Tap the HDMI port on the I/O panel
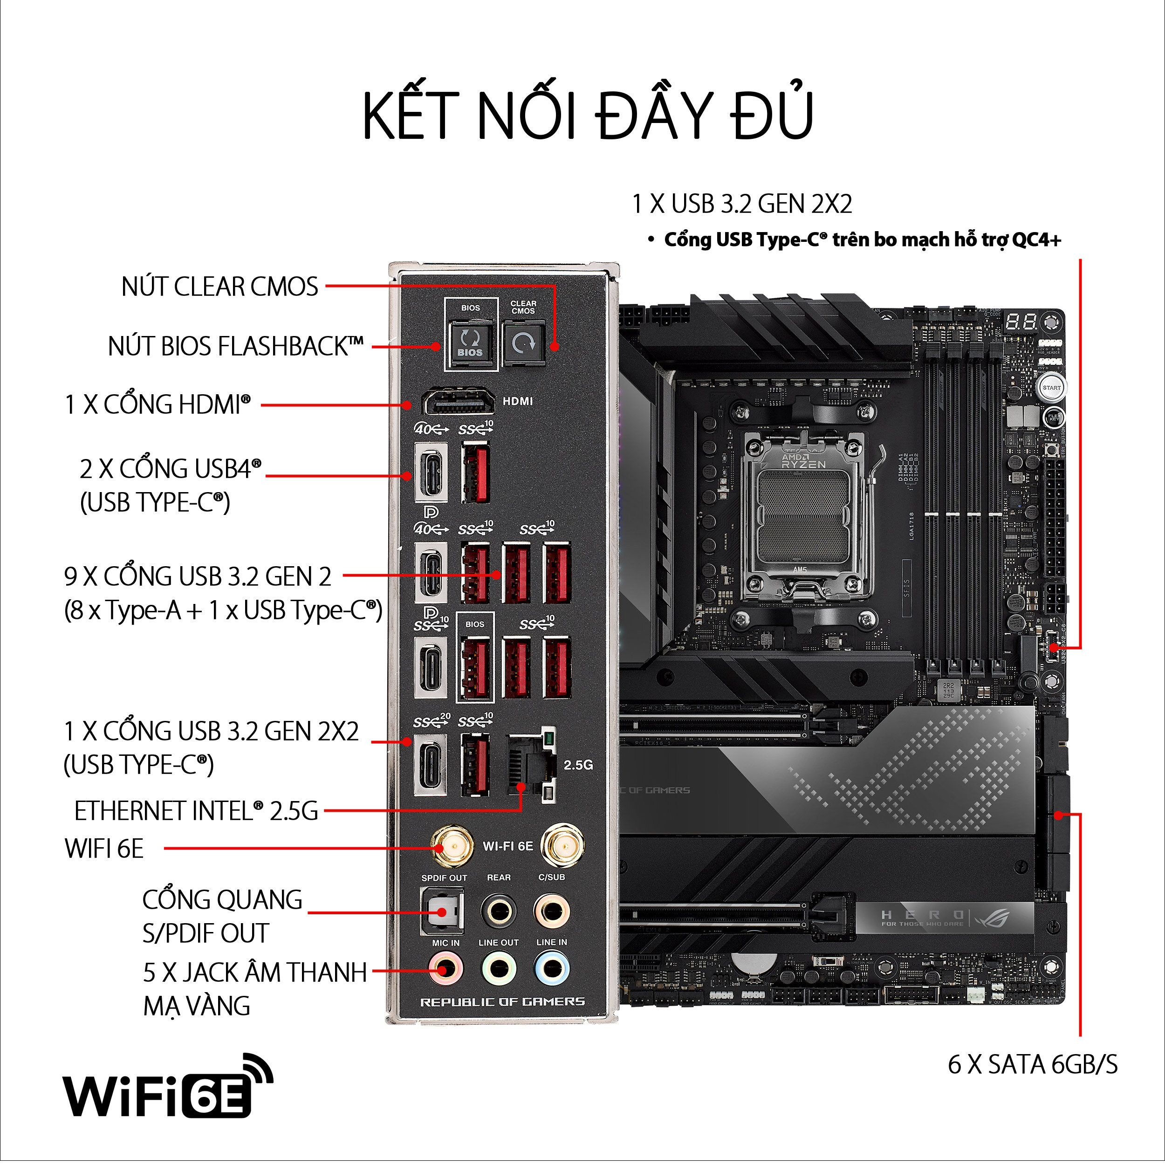click(x=457, y=402)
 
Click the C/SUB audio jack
click(x=551, y=911)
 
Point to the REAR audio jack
click(x=499, y=911)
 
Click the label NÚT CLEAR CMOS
click(x=219, y=287)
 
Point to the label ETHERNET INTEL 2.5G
click(x=196, y=811)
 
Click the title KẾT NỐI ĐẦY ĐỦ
click(x=588, y=115)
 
